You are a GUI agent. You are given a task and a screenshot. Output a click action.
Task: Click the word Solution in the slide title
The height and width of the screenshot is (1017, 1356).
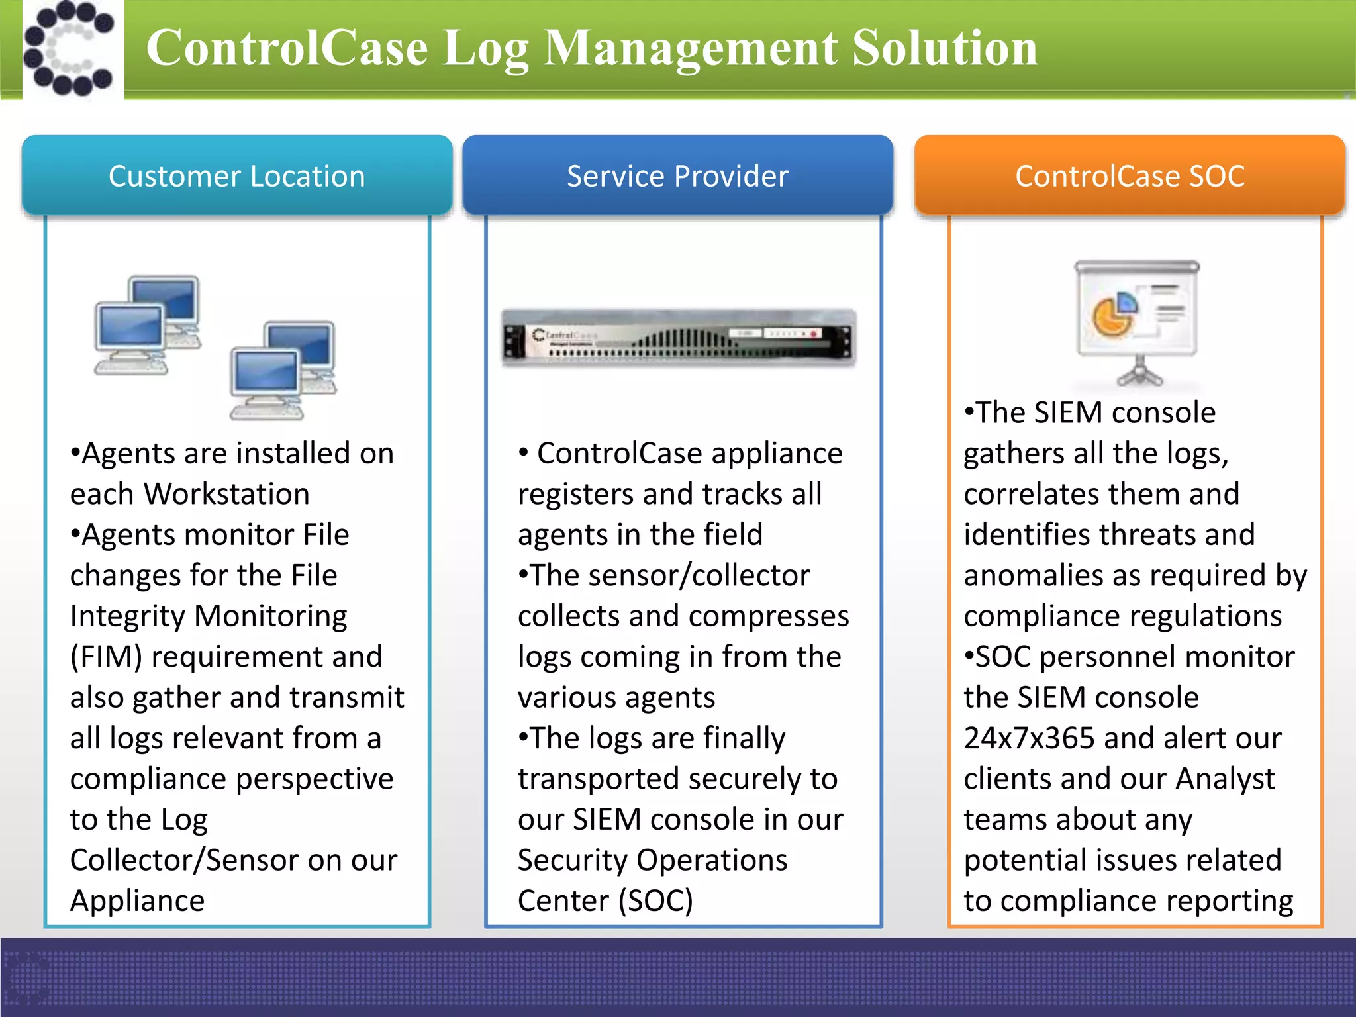945,49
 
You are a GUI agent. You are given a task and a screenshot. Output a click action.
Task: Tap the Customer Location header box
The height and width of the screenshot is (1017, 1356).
237,176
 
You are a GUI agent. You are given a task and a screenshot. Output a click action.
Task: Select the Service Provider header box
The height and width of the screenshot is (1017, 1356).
677,176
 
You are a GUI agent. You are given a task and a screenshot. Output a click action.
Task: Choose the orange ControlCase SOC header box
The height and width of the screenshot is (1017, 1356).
1130,176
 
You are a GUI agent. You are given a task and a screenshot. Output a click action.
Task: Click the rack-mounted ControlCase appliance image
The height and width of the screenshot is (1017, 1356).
678,337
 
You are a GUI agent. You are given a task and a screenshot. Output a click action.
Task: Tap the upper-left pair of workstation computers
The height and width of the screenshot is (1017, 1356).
148,325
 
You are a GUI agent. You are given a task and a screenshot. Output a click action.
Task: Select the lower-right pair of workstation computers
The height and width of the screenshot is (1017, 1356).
283,371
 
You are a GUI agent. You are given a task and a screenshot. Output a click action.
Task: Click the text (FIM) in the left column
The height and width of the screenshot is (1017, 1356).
106,657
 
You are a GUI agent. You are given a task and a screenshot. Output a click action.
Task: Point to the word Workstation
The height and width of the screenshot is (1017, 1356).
226,494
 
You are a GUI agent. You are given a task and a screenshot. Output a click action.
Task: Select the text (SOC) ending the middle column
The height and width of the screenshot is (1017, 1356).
655,900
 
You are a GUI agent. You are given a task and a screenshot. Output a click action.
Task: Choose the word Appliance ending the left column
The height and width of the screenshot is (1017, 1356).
138,900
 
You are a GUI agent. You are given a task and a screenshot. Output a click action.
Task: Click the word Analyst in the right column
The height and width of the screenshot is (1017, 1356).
1224,779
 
